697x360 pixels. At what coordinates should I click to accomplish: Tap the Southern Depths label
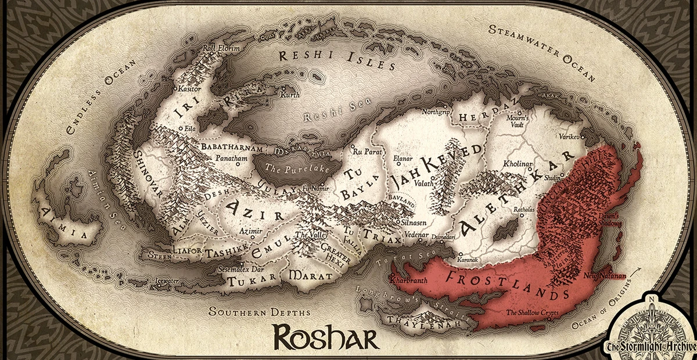click(245, 311)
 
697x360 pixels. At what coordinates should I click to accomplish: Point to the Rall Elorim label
click(220, 49)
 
